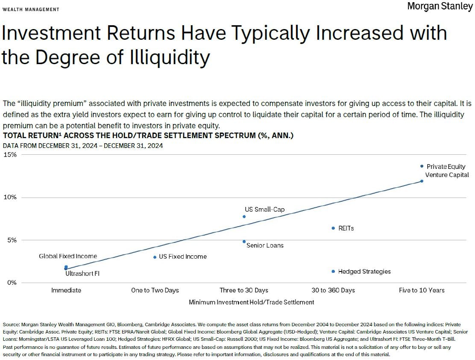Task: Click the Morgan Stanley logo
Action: (x=440, y=6)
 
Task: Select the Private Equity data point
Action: (x=422, y=166)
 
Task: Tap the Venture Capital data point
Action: (x=422, y=181)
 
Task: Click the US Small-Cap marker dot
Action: (x=244, y=216)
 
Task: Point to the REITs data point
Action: (x=333, y=228)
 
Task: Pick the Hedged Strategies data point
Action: (x=333, y=271)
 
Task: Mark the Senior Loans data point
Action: (x=244, y=242)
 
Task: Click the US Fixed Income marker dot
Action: (x=155, y=257)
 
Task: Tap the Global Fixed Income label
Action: (x=68, y=256)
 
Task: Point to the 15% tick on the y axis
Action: (x=10, y=155)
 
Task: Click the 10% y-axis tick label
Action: (x=10, y=198)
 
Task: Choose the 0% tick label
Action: (x=12, y=283)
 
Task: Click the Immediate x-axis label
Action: (x=66, y=290)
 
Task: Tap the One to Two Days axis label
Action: (x=155, y=290)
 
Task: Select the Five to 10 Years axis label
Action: (x=422, y=290)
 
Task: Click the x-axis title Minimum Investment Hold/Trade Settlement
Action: (x=251, y=302)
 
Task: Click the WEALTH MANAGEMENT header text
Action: (x=31, y=9)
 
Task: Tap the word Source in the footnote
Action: (x=12, y=325)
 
